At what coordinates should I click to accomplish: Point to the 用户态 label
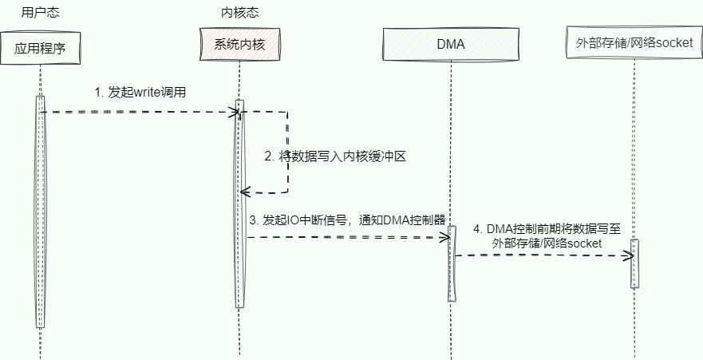point(40,13)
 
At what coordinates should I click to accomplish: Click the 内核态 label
point(239,13)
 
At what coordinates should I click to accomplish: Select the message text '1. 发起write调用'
point(140,93)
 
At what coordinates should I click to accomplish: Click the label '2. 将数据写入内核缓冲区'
point(336,156)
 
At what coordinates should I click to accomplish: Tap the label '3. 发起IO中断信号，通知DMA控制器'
point(347,220)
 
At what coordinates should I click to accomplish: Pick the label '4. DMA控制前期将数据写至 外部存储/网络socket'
point(547,235)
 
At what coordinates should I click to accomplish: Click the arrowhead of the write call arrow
point(236,113)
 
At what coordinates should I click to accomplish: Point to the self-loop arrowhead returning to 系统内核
point(245,192)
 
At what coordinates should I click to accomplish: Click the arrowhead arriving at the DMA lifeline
point(447,237)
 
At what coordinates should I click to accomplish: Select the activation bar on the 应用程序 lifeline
point(40,212)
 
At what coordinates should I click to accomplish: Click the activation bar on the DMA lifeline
point(451,263)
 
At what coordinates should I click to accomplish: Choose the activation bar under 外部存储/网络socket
point(635,263)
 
